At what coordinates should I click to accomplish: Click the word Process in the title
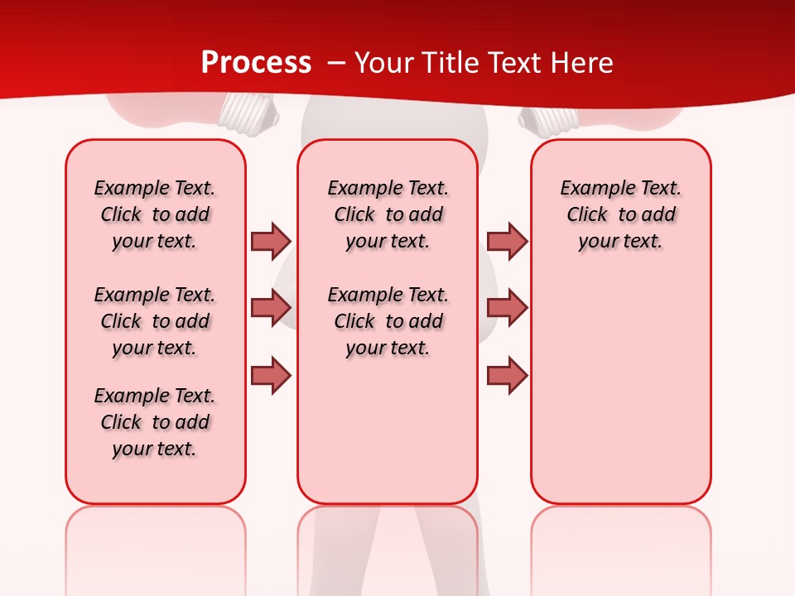[x=256, y=62]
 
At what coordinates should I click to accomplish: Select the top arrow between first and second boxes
[x=271, y=241]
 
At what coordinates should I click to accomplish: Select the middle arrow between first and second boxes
[x=271, y=308]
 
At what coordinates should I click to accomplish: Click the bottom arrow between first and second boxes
[x=271, y=375]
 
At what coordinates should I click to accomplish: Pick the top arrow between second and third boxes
[x=507, y=241]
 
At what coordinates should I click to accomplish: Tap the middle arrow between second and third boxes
[x=507, y=308]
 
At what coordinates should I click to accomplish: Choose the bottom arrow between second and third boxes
[x=507, y=375]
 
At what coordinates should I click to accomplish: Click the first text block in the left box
[x=155, y=214]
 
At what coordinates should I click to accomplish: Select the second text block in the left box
[x=155, y=321]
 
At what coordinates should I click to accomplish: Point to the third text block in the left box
[x=155, y=422]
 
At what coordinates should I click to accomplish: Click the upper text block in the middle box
[x=388, y=214]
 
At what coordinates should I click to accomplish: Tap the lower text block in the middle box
[x=388, y=321]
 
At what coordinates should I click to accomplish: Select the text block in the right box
[x=620, y=214]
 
